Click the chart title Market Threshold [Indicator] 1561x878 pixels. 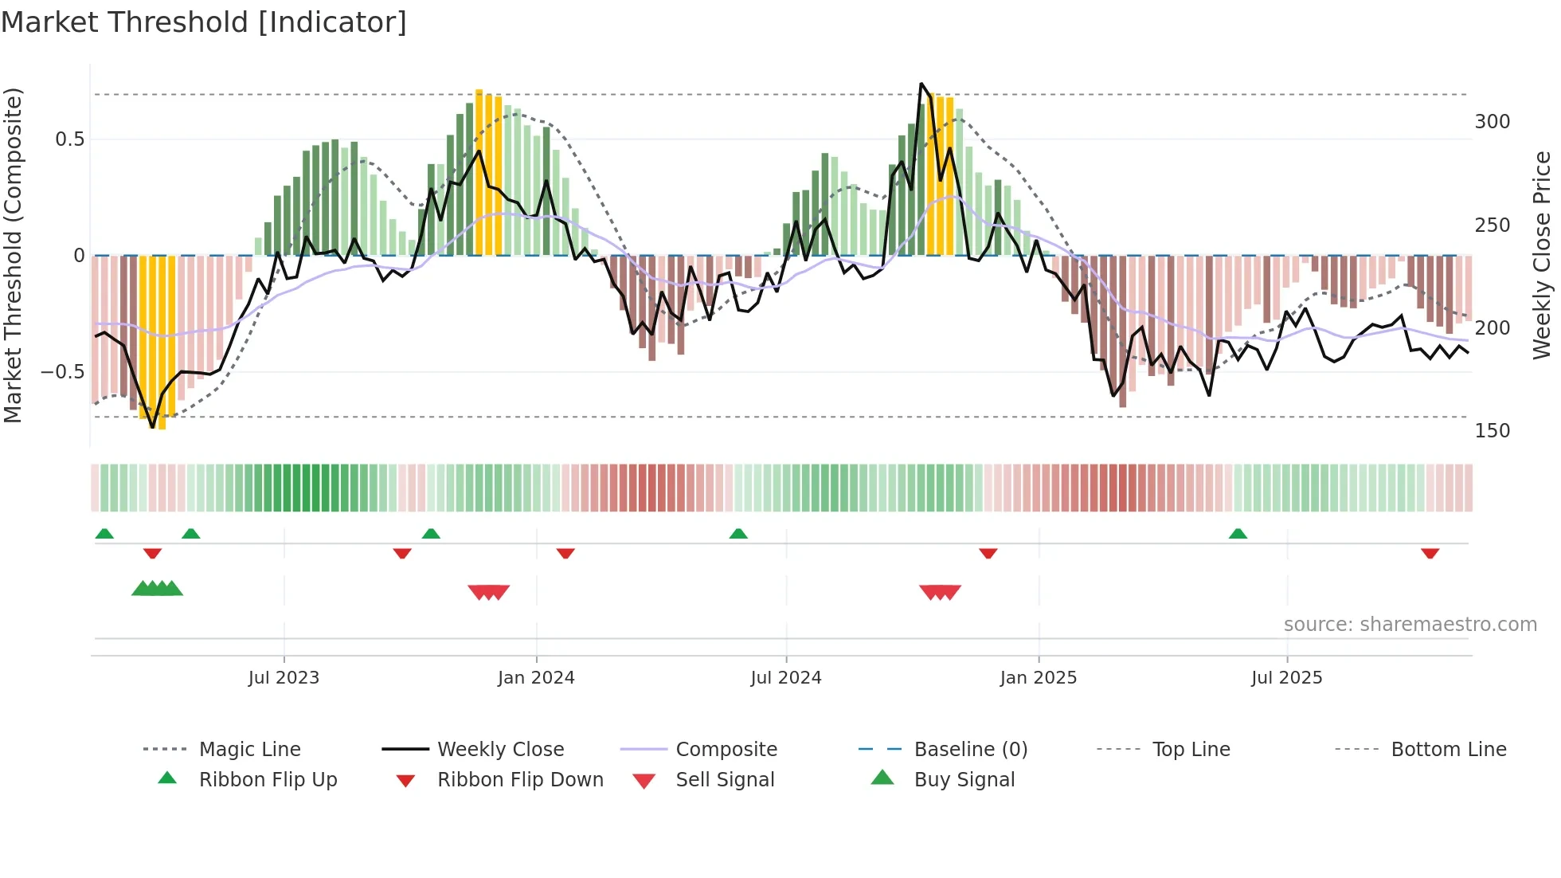coord(204,22)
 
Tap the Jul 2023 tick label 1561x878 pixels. coord(284,678)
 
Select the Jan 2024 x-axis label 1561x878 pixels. coord(536,678)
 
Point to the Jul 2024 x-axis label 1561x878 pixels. coord(786,678)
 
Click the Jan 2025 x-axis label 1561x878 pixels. coord(1039,678)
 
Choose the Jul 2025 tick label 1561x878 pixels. coord(1287,678)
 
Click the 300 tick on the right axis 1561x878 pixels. coord(1493,122)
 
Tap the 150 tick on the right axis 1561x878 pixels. coord(1493,431)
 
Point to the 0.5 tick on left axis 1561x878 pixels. coord(70,139)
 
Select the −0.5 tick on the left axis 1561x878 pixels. coord(63,372)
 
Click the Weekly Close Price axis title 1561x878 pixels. coord(1543,255)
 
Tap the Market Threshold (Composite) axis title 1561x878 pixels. coord(13,255)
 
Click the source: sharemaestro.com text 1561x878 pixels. coord(1410,625)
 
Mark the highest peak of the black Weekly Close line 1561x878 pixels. coord(921,84)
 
